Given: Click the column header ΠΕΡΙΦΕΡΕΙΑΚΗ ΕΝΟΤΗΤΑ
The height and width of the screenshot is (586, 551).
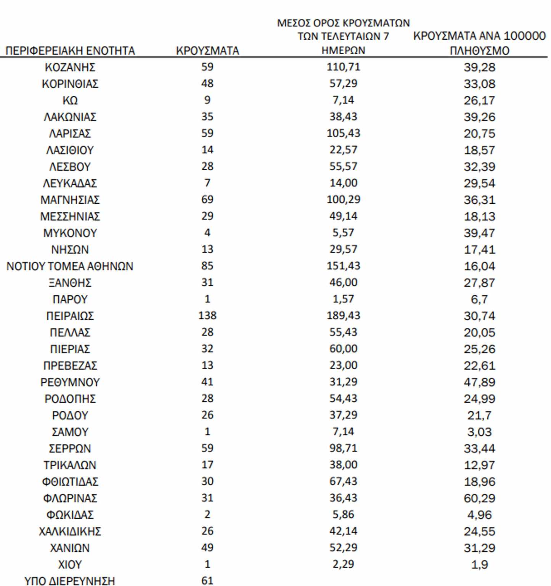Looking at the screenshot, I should coord(70,51).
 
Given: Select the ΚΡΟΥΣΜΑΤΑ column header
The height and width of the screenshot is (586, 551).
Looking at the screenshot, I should coord(207,51).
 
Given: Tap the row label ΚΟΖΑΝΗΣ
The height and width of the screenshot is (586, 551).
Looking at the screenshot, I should coord(70,67).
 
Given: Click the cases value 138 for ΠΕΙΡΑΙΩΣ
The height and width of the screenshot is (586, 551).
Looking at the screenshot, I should coord(207,316).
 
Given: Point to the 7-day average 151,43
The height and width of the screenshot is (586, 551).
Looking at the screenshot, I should coord(343,266).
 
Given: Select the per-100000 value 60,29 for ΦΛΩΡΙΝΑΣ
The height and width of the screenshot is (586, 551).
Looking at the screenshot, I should coord(479,498).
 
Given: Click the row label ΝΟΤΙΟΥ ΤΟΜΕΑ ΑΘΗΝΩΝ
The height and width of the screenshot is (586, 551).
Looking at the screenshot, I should coord(70,266).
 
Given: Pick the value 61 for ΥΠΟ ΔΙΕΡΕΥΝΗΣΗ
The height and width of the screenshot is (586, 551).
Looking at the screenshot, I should coord(207,581).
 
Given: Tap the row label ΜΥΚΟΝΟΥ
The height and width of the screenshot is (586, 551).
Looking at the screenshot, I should coord(70,233).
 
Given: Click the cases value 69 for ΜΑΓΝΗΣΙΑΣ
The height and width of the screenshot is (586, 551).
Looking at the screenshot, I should coord(207,200).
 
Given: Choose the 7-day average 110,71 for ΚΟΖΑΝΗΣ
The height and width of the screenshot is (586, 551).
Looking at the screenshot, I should coord(343,67).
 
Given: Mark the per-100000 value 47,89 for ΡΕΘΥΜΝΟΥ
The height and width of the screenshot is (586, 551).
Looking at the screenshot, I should coord(479,382).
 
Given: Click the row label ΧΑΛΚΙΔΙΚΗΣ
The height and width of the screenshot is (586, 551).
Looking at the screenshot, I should coord(70,531).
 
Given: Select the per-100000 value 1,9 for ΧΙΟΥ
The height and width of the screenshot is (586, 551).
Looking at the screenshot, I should coord(479,565).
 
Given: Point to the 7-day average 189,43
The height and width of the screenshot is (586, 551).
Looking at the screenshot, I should coord(343,316).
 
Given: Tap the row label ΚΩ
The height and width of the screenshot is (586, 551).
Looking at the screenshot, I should coord(70,100).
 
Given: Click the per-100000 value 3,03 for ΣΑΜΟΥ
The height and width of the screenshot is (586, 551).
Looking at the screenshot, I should coord(479,432).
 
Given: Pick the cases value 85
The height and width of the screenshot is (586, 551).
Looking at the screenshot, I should coord(207,266).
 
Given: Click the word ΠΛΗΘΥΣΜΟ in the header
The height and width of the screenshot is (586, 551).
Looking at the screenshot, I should coord(479,51).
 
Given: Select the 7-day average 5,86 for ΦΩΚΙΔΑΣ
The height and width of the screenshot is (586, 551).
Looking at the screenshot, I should coord(343,515).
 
